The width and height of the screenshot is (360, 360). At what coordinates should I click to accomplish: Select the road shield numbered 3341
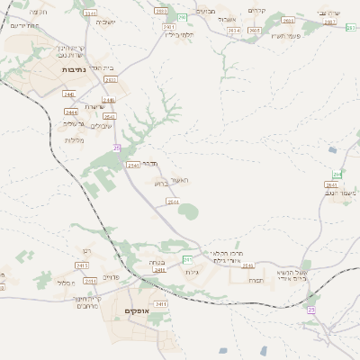coord(90,14)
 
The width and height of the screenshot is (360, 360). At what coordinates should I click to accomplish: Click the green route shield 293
coord(182,17)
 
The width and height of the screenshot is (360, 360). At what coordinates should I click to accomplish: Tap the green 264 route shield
coord(337,174)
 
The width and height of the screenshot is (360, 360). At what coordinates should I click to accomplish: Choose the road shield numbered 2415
coord(82,266)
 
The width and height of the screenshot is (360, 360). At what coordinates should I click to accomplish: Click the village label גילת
coord(191,272)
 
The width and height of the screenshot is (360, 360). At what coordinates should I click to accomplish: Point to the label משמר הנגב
coord(342,193)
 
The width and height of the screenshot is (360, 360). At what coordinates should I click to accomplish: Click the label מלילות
coord(74,139)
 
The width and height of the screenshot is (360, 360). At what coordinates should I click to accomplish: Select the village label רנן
coord(86,251)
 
